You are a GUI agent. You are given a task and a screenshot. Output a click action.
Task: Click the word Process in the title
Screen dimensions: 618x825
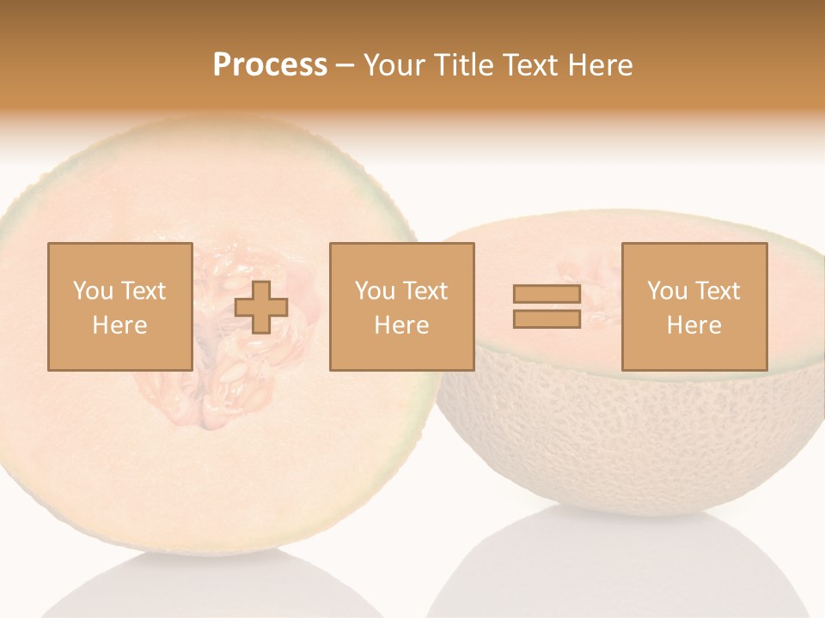point(270,65)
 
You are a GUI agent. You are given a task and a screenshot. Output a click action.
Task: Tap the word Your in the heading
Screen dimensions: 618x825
point(394,65)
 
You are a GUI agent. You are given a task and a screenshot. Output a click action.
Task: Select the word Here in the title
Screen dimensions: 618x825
point(599,65)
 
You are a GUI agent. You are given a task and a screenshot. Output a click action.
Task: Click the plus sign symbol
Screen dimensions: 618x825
point(261,307)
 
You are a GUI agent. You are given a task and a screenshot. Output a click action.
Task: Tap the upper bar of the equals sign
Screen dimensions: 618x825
point(547,294)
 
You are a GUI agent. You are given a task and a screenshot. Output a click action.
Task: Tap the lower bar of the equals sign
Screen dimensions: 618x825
point(547,319)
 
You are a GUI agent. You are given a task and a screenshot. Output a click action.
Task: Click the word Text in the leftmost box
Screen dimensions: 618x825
point(144,291)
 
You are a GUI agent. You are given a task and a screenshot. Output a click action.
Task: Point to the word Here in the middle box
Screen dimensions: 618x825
point(402,325)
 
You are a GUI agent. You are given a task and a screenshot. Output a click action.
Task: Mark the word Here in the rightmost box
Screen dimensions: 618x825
point(694,325)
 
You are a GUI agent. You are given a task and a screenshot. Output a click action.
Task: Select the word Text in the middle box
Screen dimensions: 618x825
point(426,291)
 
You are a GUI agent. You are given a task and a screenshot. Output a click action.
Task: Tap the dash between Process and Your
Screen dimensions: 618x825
point(345,65)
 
